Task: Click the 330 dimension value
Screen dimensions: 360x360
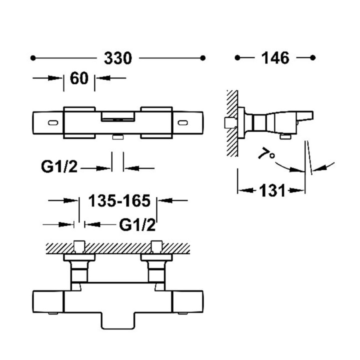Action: click(x=118, y=58)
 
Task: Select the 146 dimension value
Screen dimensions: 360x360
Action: click(x=275, y=58)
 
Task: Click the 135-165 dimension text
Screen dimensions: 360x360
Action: click(x=119, y=201)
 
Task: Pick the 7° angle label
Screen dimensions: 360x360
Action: click(x=266, y=153)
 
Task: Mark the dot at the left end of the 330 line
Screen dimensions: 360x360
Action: click(x=33, y=58)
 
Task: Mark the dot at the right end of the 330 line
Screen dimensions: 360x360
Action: click(x=202, y=58)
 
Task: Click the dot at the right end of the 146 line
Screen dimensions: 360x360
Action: click(x=313, y=58)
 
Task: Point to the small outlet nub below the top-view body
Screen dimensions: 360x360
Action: click(x=118, y=136)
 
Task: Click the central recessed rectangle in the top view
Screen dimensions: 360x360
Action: click(x=118, y=116)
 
